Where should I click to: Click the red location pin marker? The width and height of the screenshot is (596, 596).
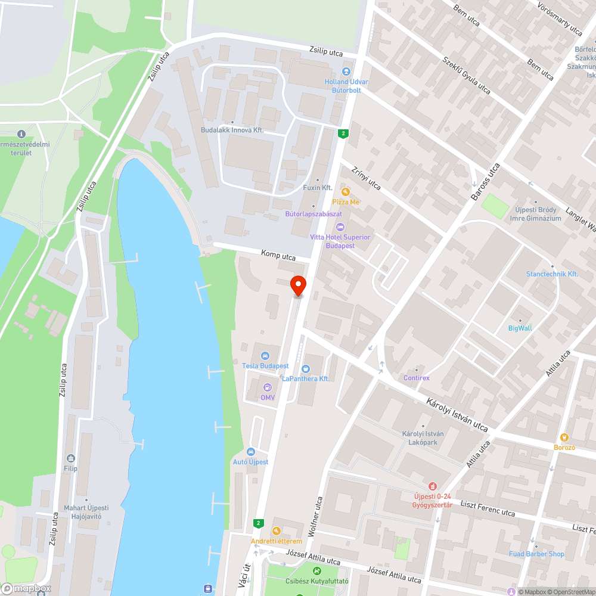coord(298,285)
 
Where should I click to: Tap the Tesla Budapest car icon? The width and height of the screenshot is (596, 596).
coord(266,356)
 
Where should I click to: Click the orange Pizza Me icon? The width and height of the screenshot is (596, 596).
coord(346,192)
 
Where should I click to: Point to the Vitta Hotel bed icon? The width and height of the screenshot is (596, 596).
coord(340,227)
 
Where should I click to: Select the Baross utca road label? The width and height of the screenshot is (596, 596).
coord(485,182)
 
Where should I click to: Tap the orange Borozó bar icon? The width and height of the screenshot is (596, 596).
coord(564,437)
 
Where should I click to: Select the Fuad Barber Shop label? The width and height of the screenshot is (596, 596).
coord(536,554)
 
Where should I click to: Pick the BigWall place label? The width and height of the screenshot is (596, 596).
coord(520,328)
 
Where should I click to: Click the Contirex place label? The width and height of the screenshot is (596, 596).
coord(417,378)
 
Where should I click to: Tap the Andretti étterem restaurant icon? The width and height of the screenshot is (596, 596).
coord(276,531)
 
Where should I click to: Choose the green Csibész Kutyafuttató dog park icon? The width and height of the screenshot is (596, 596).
coord(308,571)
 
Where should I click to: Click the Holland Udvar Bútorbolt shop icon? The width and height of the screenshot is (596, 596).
coord(346,72)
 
